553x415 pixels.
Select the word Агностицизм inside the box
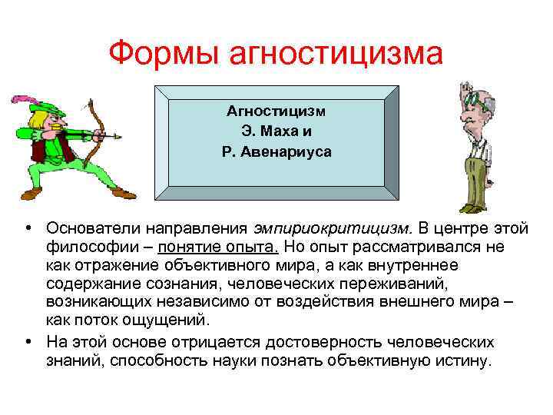point(276,111)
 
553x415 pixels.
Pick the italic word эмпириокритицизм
point(334,228)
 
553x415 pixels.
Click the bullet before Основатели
point(27,228)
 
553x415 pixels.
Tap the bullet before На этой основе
point(27,341)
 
